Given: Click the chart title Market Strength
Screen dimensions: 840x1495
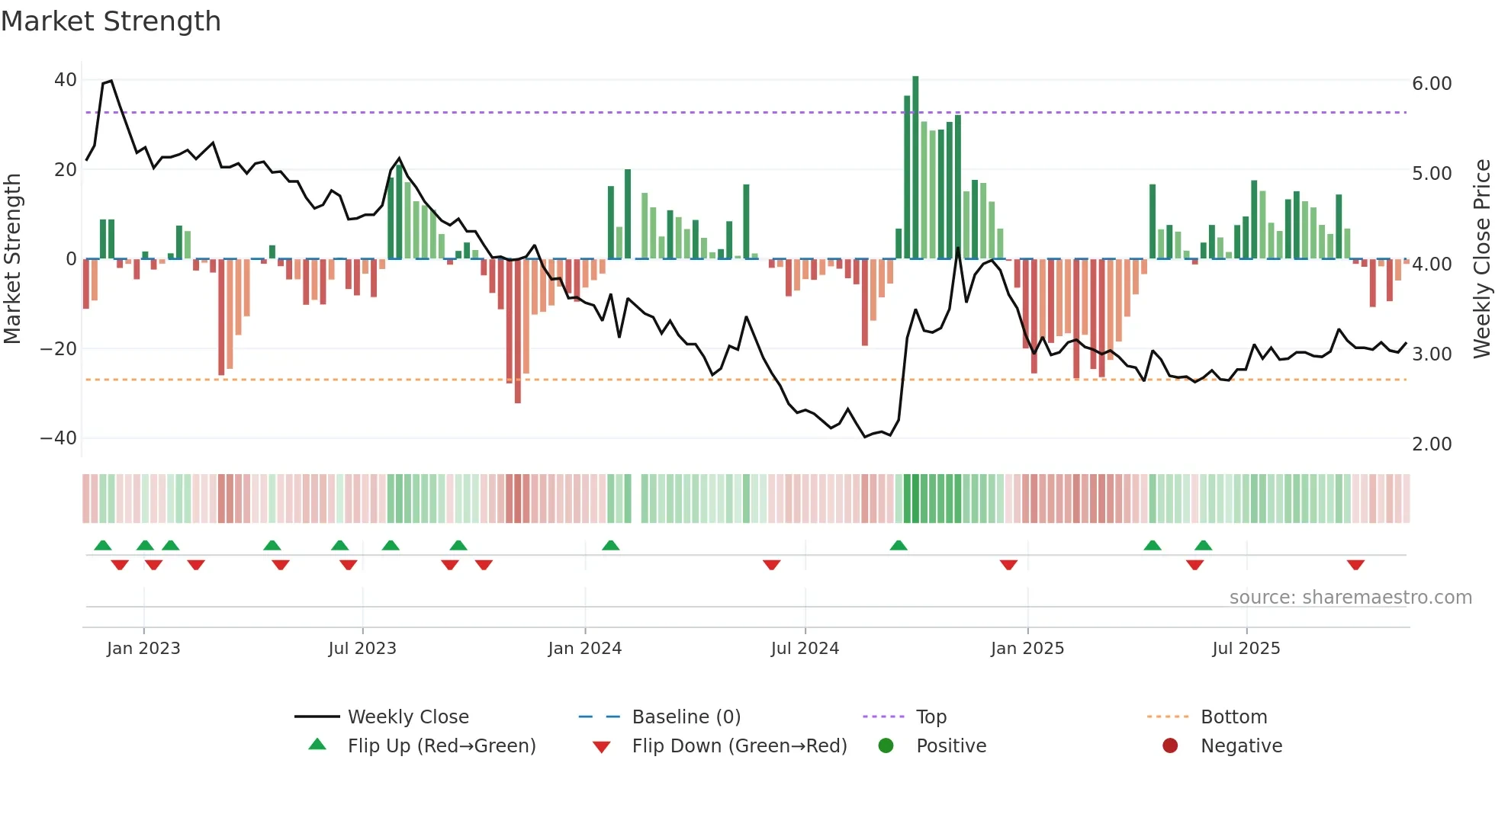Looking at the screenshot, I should (x=111, y=21).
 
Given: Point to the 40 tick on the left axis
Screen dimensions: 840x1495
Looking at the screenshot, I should (x=66, y=80).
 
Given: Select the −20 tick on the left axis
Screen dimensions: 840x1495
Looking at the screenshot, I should (x=59, y=349).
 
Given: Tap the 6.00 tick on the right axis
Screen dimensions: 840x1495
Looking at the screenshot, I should (x=1432, y=84).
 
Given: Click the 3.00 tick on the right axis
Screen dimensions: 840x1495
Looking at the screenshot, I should (x=1432, y=354).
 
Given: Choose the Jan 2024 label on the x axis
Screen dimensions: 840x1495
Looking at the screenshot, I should (x=584, y=649).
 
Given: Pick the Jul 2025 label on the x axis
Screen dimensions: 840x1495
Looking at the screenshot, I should (x=1246, y=649).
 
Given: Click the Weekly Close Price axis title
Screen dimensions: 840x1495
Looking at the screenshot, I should (x=1481, y=259).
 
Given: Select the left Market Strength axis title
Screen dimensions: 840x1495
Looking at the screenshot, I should (x=12, y=259).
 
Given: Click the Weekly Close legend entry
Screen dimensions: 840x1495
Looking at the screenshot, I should (x=408, y=717).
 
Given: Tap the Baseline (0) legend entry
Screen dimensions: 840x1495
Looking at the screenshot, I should (x=686, y=717).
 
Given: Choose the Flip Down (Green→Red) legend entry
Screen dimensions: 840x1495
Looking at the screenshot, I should (x=739, y=746).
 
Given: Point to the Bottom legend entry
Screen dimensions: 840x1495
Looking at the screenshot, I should (x=1233, y=717).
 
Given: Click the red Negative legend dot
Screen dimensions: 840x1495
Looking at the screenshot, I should (x=1170, y=746).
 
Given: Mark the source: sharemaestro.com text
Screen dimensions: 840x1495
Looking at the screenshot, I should (x=1350, y=598).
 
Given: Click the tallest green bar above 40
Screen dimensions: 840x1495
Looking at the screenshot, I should (x=915, y=168).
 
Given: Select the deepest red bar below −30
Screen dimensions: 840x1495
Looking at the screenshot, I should (x=518, y=332).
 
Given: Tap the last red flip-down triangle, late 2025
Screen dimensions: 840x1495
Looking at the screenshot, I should (x=1355, y=565).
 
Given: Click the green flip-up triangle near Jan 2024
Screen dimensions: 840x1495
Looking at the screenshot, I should (x=610, y=545).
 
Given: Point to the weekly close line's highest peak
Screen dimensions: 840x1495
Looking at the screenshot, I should (x=111, y=81).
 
